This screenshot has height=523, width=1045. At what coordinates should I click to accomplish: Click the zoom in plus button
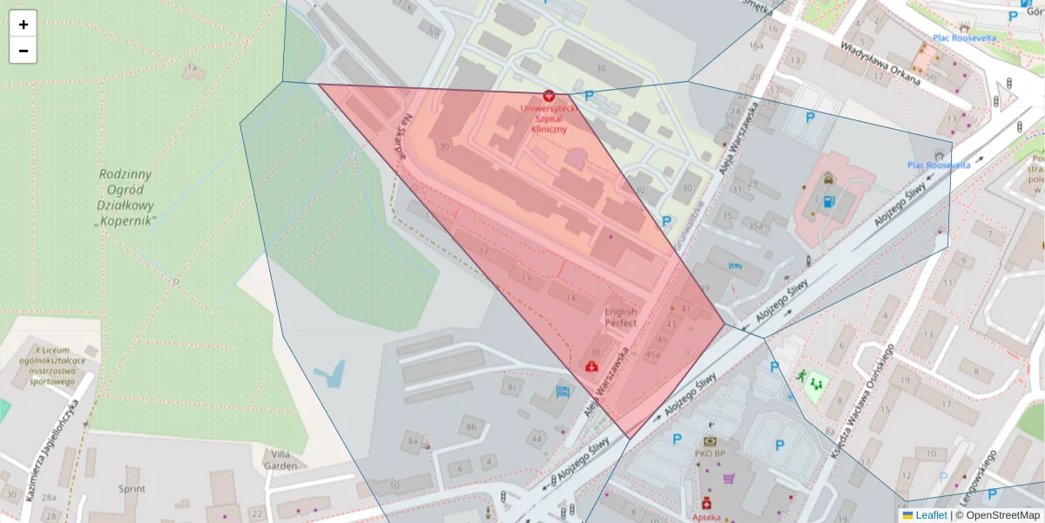click(24, 24)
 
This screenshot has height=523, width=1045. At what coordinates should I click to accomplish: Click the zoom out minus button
click(24, 51)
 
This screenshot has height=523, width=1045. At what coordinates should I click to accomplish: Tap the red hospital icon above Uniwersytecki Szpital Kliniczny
click(549, 95)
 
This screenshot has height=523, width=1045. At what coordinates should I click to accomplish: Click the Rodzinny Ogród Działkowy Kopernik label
click(126, 198)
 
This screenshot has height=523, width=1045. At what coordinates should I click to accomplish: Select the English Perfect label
click(621, 317)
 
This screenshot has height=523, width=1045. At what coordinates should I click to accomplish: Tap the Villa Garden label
click(285, 459)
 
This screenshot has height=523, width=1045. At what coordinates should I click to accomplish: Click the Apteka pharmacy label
click(707, 517)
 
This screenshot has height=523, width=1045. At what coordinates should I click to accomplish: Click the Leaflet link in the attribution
click(931, 515)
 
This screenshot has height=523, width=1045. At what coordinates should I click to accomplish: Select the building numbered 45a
click(653, 355)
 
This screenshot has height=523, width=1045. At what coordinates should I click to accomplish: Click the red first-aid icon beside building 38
click(592, 366)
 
